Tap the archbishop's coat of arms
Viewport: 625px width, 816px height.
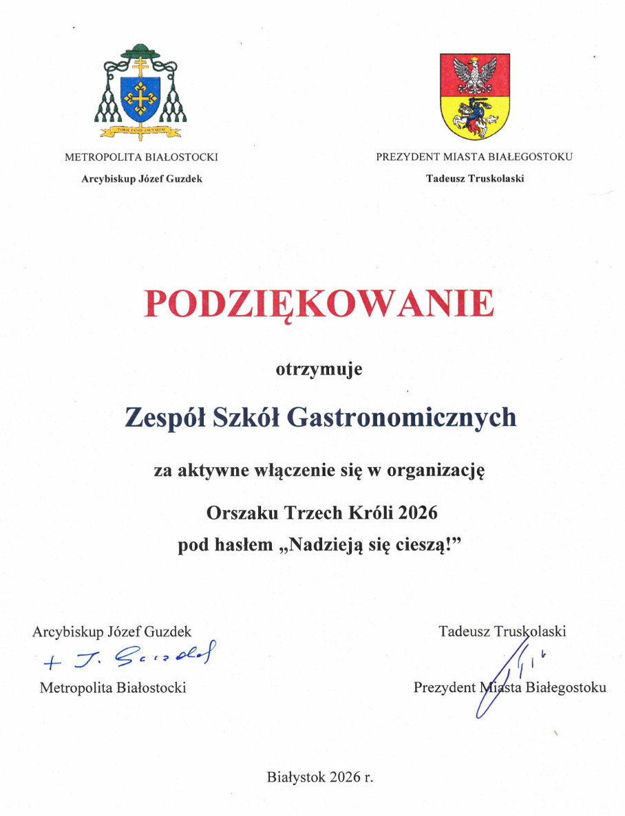point(141,92)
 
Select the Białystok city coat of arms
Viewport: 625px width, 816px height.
point(475,96)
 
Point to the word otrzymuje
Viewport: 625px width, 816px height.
point(319,369)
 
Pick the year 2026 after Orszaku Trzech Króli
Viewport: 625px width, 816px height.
point(418,513)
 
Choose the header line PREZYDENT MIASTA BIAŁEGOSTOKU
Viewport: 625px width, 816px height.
point(474,157)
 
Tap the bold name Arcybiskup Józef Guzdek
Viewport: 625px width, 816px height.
point(142,179)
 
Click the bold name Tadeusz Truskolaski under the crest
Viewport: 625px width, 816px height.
point(475,179)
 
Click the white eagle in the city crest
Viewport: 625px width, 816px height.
point(475,73)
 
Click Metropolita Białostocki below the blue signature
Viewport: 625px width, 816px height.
point(113,687)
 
